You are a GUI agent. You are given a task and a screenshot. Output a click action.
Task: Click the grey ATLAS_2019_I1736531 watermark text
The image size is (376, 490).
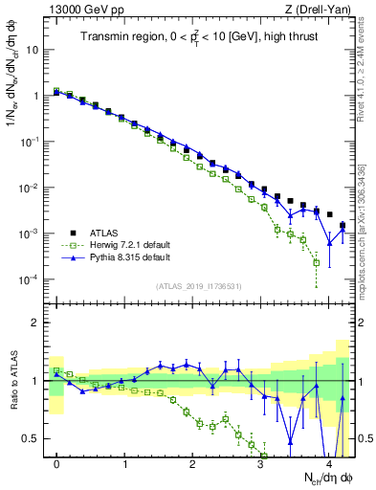coord(198,286)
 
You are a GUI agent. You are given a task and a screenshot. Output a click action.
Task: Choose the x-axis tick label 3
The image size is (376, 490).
coord(261,463)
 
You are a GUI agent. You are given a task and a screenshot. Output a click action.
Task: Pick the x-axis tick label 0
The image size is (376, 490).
coord(56,463)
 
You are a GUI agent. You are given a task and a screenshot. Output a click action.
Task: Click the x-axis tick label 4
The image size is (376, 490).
coord(329,463)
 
